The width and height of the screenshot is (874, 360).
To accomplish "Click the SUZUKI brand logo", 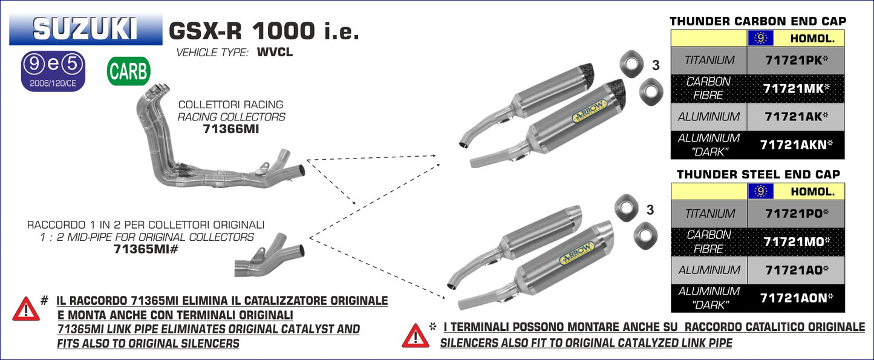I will click(x=85, y=28).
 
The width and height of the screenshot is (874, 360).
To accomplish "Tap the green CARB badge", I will click(x=128, y=71).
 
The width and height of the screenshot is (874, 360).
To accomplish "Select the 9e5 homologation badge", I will click(x=53, y=71).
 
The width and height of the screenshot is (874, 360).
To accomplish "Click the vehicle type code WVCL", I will click(x=275, y=53).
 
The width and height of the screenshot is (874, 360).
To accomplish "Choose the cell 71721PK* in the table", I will click(x=795, y=61).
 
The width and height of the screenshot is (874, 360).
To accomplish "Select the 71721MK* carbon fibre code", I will click(x=795, y=88).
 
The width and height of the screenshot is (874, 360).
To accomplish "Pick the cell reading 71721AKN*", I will click(x=795, y=145).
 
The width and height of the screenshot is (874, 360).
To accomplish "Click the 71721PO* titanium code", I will click(x=795, y=214).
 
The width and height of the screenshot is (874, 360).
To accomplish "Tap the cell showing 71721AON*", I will click(x=795, y=298).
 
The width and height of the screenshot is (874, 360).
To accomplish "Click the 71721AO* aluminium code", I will click(x=795, y=270).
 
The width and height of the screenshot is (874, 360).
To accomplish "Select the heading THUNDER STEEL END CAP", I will click(x=758, y=174).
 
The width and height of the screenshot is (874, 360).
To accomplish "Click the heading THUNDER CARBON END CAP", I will click(x=758, y=21).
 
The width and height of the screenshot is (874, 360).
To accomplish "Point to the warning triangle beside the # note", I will click(x=26, y=309).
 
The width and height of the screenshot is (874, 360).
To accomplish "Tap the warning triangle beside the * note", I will click(x=415, y=335).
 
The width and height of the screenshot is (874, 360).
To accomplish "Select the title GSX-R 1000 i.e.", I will click(x=263, y=30).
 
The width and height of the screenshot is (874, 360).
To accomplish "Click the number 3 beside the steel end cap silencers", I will click(x=650, y=210).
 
